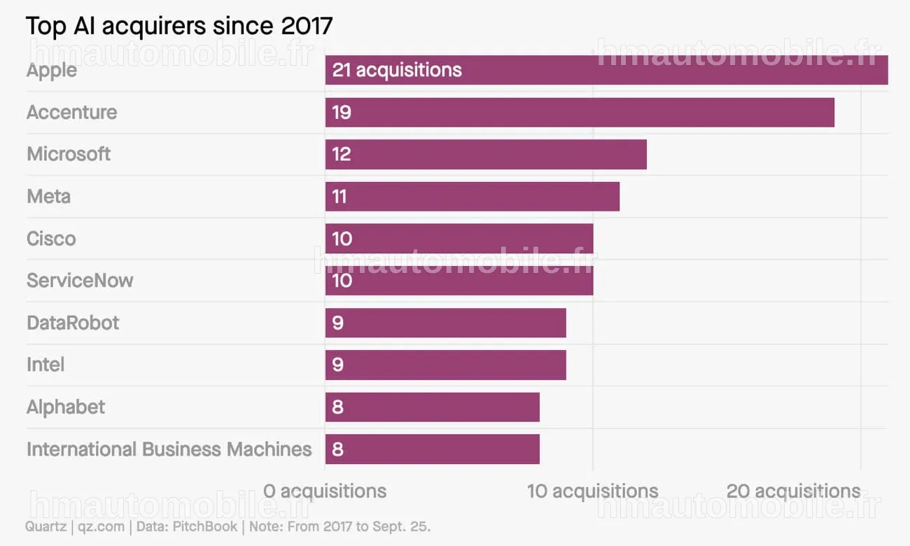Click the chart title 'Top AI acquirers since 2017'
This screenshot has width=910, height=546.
coord(179,26)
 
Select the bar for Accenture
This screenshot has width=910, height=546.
coord(580,112)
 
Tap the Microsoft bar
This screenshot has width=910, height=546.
coord(486,155)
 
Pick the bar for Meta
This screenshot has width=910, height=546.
coord(472,197)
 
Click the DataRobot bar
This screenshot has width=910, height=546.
coord(446,323)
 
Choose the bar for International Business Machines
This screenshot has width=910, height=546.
coord(433,449)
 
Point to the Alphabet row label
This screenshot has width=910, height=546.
coord(66,407)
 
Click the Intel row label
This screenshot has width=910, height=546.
coord(45,365)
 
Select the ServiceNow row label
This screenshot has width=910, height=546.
coord(80,280)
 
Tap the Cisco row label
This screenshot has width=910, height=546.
coord(51,239)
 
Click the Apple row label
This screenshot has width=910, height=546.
coord(52,70)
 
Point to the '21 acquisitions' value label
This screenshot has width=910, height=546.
coord(397,70)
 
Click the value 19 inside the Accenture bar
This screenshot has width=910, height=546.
coord(342,113)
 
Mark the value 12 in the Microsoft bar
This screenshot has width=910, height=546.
coord(342,155)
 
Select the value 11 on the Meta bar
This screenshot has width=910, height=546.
coord(339,197)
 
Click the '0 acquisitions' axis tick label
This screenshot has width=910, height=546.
coord(325,491)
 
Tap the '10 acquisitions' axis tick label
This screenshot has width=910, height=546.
coord(593,491)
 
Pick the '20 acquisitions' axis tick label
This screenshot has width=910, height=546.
coord(793,491)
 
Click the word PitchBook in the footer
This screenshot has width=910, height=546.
coord(204,526)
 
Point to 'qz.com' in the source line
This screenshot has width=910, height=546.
coord(101,527)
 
